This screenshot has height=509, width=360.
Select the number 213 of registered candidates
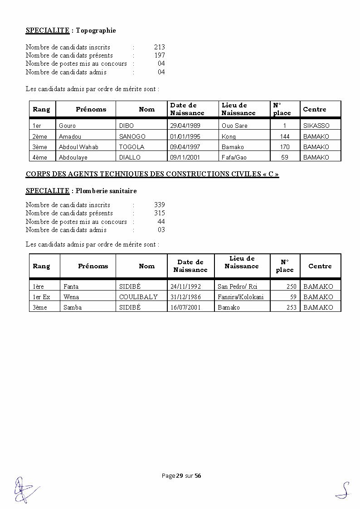(159, 47)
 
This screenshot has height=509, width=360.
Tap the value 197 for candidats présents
(159, 55)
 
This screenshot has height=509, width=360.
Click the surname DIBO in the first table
(126, 126)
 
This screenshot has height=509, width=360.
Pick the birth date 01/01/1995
(186, 136)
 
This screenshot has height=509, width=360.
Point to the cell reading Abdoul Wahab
(78, 147)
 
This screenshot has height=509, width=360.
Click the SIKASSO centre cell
(316, 126)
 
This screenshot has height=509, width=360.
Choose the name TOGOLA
(131, 147)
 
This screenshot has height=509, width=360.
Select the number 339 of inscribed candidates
(159, 205)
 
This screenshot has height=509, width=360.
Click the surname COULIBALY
(138, 297)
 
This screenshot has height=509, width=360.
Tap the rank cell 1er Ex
(41, 297)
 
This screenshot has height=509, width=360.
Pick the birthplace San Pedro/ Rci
(237, 286)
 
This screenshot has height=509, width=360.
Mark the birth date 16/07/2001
(185, 307)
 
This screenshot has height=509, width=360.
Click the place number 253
(291, 307)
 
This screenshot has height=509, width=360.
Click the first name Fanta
(71, 286)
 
